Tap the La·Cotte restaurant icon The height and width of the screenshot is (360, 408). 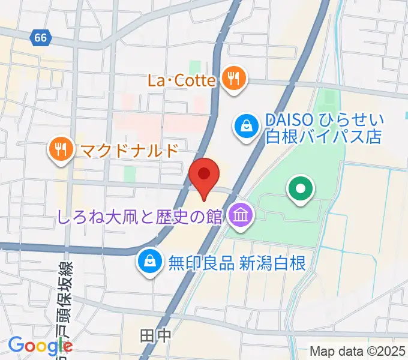pyautogui.click(x=232, y=79)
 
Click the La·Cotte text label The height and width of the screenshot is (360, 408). pyautogui.click(x=181, y=79)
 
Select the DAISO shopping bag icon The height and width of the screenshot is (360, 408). pyautogui.click(x=246, y=127)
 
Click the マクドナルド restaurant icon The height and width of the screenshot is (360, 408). pyautogui.click(x=61, y=148)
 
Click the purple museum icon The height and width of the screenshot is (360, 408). pyautogui.click(x=241, y=215)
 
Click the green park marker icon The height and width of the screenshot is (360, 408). pyautogui.click(x=301, y=190)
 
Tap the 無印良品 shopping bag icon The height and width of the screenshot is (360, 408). pyautogui.click(x=148, y=261)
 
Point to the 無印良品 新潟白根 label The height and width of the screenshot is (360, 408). pyautogui.click(x=238, y=262)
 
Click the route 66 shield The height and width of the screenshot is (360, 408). pyautogui.click(x=40, y=38)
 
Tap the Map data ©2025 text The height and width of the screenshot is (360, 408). pyautogui.click(x=358, y=352)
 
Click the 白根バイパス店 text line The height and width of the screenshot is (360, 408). pyautogui.click(x=324, y=137)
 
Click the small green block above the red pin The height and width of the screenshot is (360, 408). pyautogui.click(x=130, y=174)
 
